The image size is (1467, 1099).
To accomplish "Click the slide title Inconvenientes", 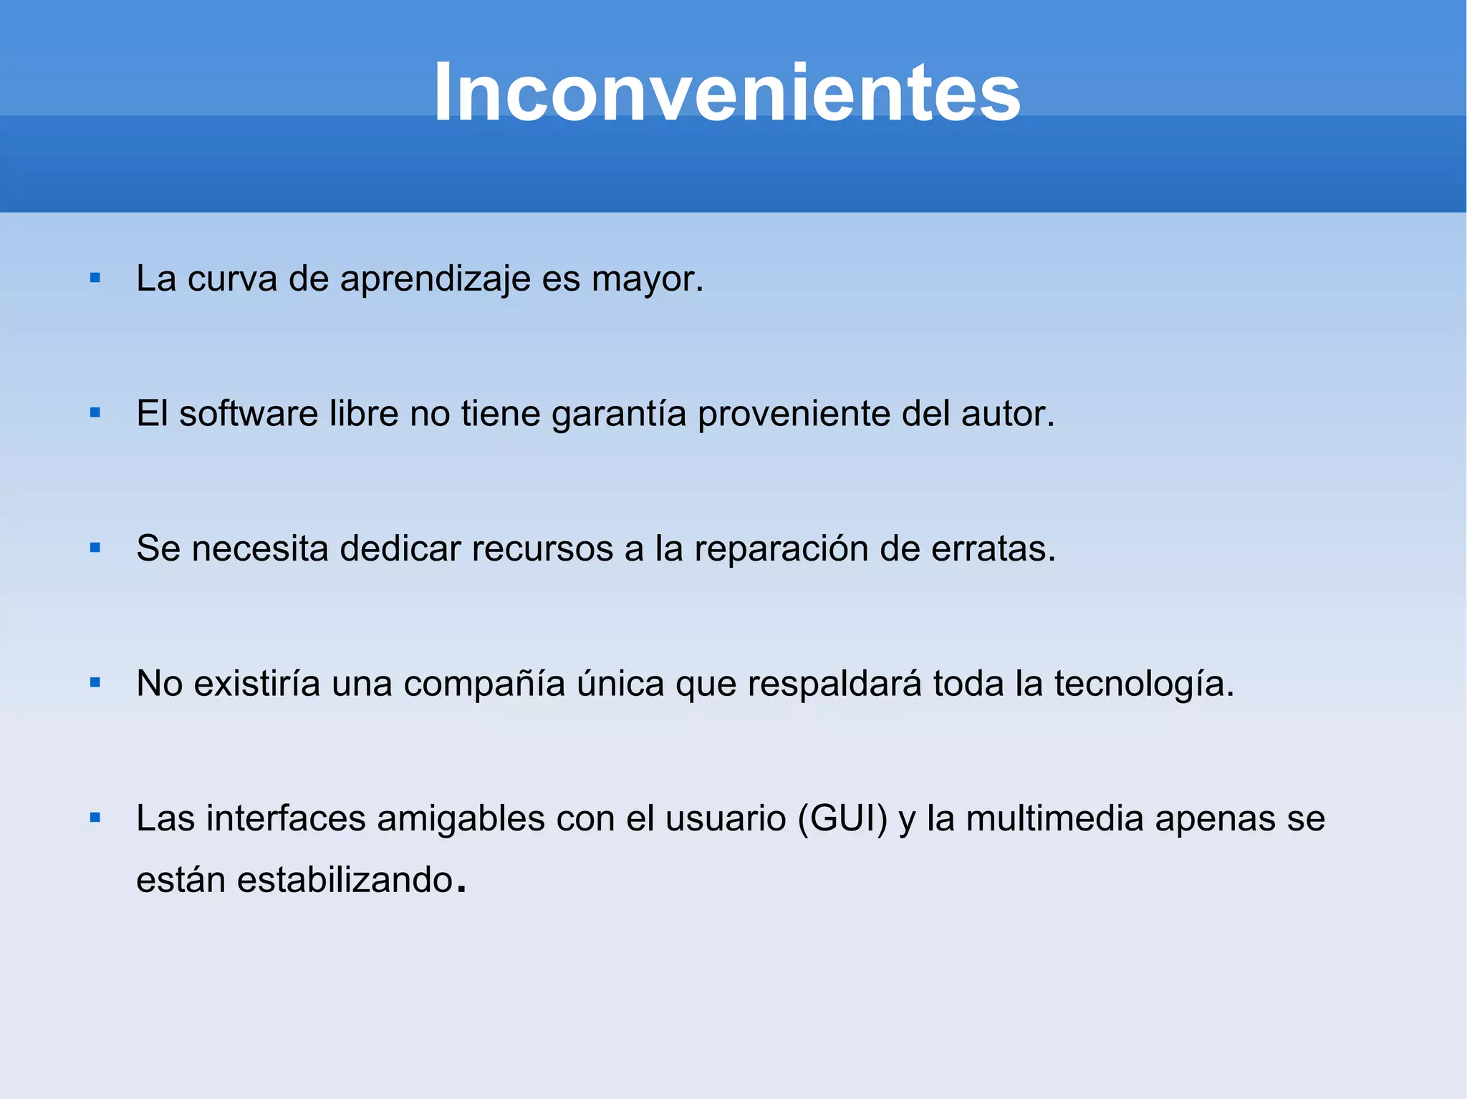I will click(x=727, y=93).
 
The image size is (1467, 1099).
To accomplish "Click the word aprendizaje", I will click(x=435, y=279).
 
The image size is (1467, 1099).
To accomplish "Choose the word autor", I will click(x=1006, y=414).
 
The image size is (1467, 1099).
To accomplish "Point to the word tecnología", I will click(x=1143, y=684).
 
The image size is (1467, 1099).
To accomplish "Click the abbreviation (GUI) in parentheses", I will click(x=842, y=818).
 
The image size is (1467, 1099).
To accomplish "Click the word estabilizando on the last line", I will click(x=345, y=880).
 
